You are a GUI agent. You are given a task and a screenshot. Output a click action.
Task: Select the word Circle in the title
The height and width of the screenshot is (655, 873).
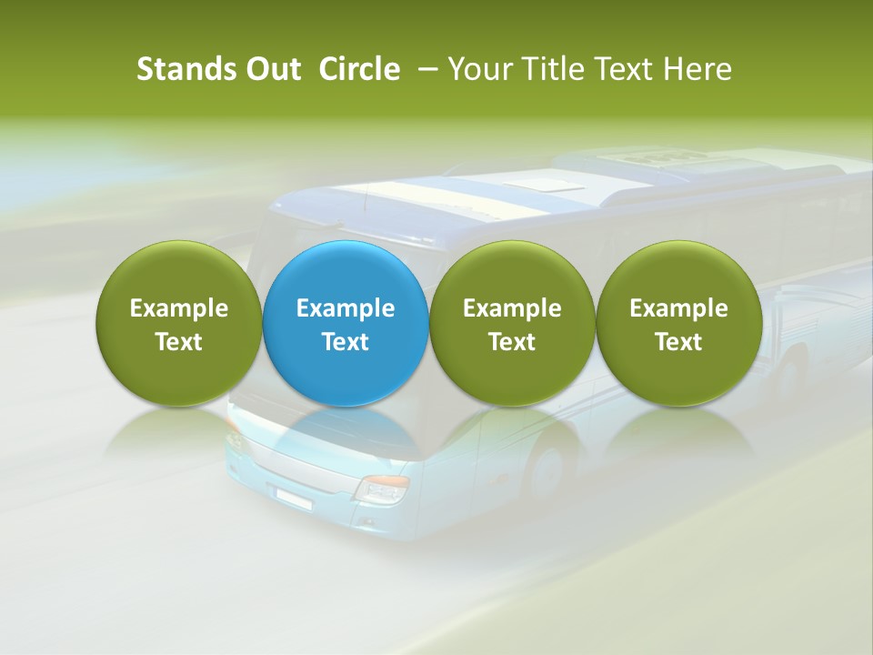coord(359,69)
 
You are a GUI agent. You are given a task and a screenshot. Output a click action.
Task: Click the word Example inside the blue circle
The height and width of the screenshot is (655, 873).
coord(346,308)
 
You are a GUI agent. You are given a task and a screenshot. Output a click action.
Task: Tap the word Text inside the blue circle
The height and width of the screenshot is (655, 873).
coord(346,342)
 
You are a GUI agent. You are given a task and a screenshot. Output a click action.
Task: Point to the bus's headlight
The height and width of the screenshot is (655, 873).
coord(382,489)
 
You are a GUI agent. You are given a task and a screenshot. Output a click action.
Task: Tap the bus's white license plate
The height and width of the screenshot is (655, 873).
coord(293,497)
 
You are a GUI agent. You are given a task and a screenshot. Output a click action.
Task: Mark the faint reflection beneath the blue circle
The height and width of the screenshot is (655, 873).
coord(346,433)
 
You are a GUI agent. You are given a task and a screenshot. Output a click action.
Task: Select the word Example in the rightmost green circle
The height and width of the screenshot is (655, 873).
coord(678,308)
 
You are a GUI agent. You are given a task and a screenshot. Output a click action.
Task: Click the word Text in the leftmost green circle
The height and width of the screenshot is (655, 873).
coord(178,342)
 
